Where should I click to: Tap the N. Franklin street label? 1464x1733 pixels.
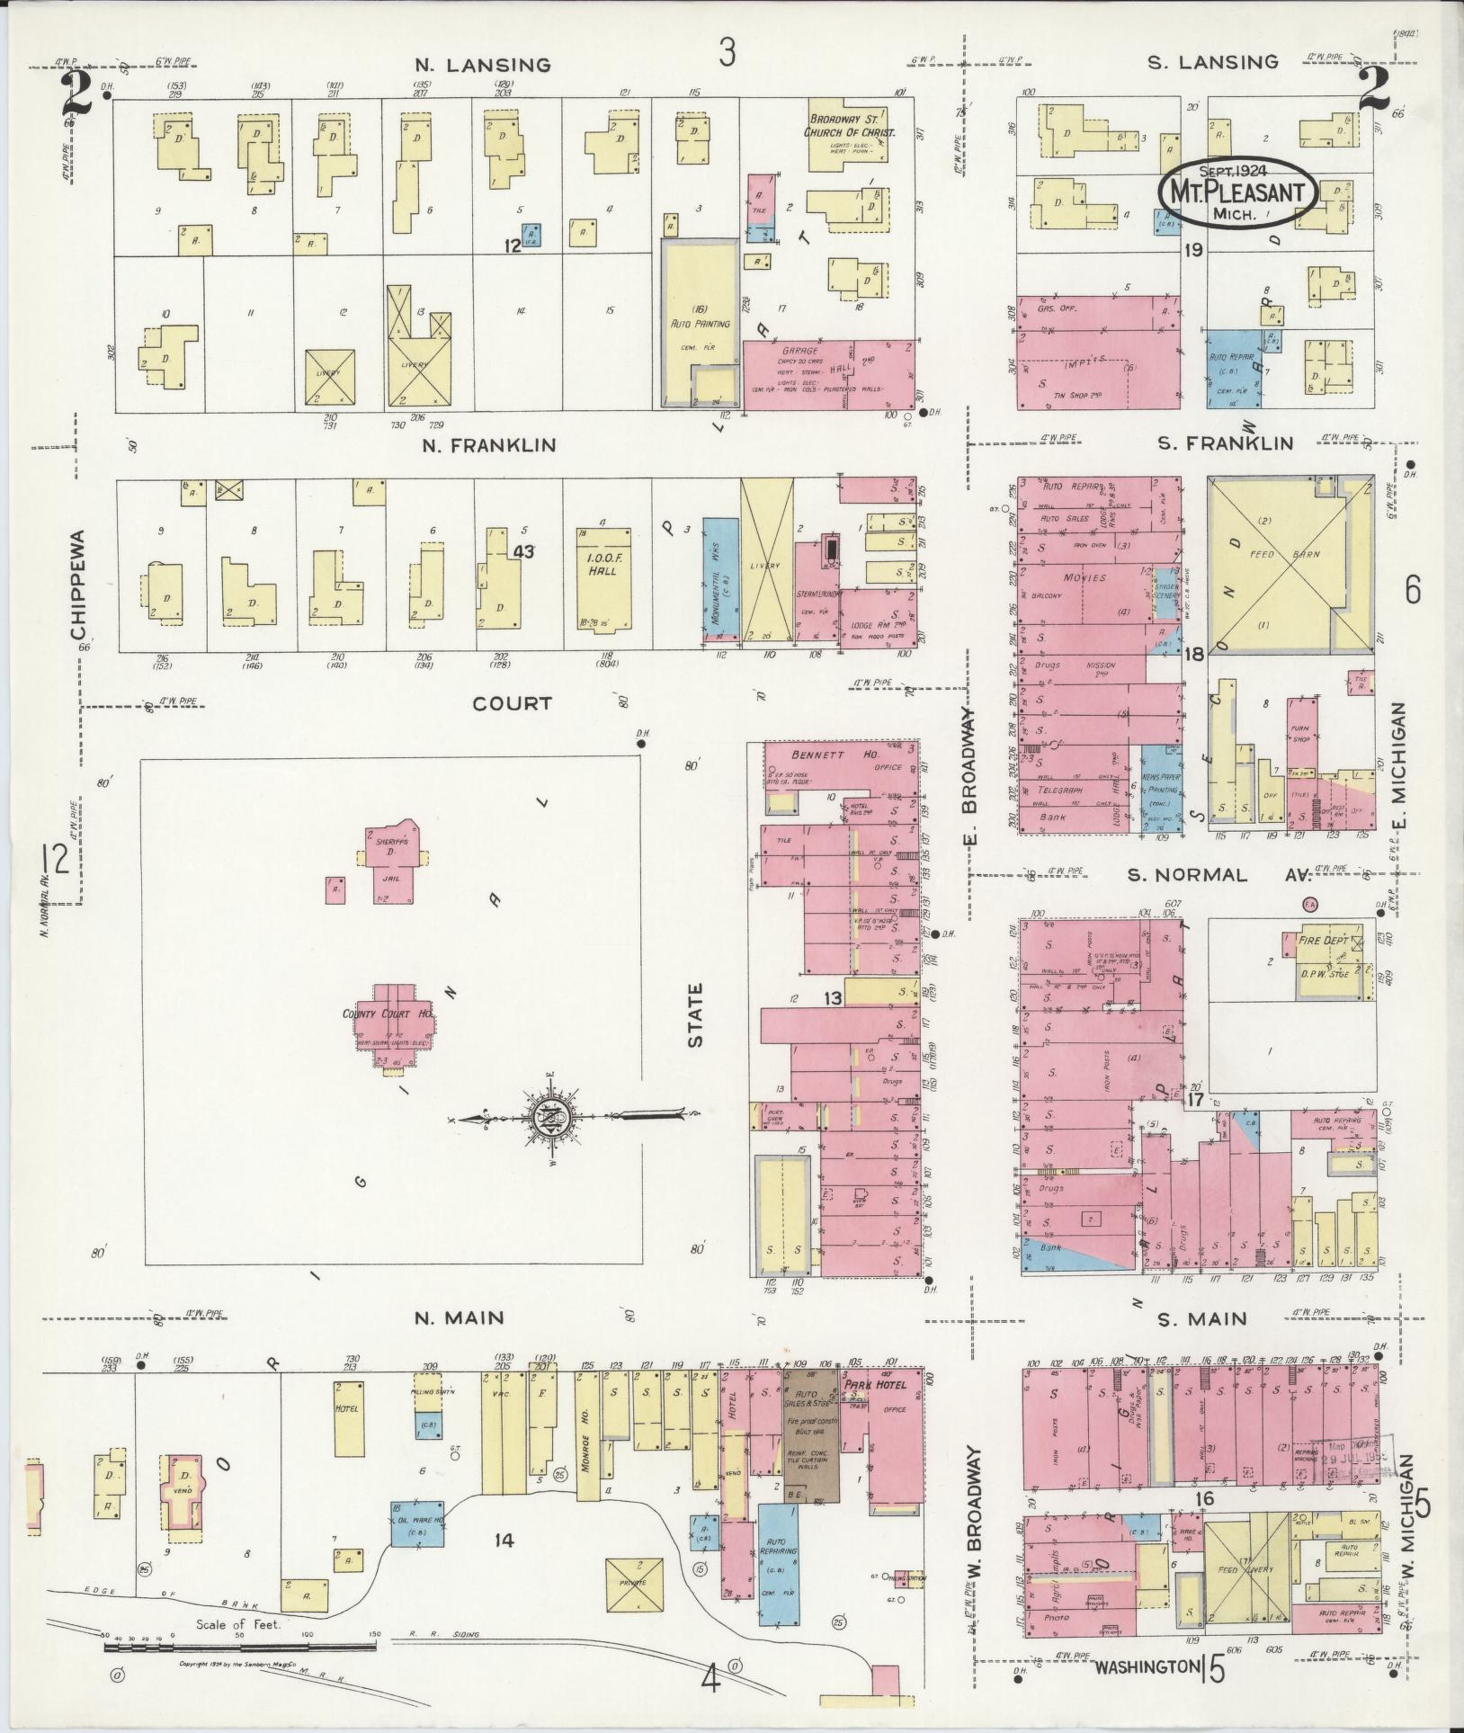497,444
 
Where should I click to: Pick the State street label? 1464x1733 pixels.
695,1014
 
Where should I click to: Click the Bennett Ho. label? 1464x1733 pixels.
820,755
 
